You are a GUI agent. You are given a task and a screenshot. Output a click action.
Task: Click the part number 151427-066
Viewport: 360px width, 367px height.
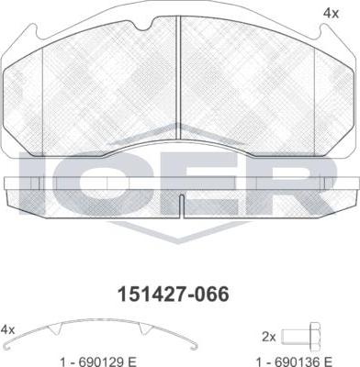tap(174, 295)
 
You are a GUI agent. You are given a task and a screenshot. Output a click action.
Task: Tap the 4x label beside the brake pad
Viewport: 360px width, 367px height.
tap(331, 14)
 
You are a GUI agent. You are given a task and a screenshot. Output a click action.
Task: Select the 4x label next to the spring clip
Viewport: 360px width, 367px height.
tap(7, 329)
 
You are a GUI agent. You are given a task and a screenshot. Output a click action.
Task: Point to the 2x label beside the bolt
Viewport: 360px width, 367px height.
tap(269, 337)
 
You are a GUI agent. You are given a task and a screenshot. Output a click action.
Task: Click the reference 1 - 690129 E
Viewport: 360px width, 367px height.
tap(98, 361)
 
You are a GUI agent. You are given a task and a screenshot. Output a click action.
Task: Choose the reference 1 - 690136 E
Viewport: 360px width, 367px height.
tap(294, 361)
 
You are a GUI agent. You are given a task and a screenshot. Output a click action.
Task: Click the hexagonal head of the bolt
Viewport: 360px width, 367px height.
tap(315, 337)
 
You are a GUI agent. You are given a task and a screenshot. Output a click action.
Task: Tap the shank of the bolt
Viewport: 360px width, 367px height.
tap(296, 337)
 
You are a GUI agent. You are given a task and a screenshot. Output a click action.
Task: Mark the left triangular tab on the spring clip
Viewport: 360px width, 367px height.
tap(56, 328)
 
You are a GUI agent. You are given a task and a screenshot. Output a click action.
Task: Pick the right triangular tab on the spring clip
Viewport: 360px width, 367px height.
tap(144, 328)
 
